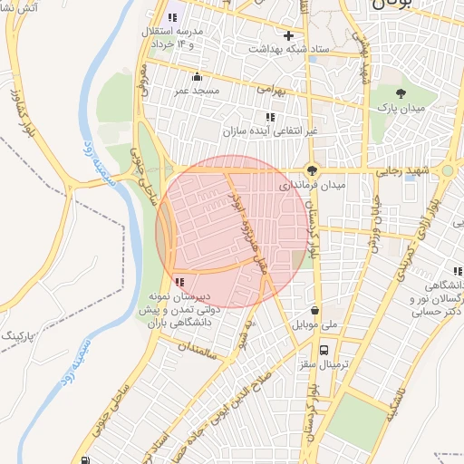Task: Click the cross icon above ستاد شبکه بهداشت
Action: click(288, 36)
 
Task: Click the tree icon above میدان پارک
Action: click(401, 92)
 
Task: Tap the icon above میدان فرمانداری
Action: click(313, 169)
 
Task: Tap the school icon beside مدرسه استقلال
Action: click(172, 17)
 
